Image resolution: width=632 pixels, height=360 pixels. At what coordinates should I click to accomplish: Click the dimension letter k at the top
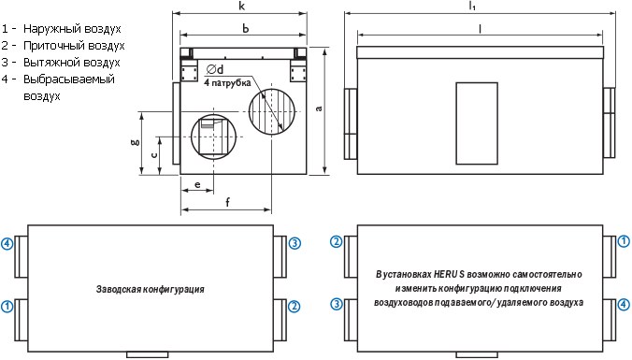tap(242, 6)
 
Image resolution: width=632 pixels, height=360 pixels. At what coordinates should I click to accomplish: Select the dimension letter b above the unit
tap(246, 28)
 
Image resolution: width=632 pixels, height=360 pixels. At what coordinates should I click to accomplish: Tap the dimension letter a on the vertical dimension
tap(319, 108)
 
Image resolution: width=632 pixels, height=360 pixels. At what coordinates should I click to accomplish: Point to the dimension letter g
tap(136, 142)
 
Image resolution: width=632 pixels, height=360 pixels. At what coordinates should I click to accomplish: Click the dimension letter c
tap(154, 154)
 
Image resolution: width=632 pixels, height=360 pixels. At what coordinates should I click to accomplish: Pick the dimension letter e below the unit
tap(197, 184)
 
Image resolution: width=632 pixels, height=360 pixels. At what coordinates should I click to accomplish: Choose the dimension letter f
tap(228, 202)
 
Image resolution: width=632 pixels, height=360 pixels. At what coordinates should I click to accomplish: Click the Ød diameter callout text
tap(215, 69)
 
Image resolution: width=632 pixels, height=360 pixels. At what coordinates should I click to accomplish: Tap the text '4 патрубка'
tap(227, 83)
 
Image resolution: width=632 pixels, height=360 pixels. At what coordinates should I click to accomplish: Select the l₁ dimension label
tap(472, 6)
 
